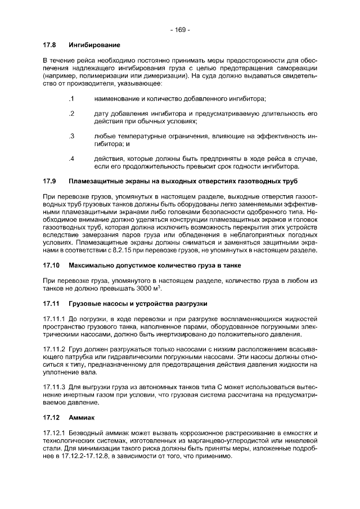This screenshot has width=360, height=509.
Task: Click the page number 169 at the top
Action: coord(180,29)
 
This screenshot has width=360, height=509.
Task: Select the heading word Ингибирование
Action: coord(94,44)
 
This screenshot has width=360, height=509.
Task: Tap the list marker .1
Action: coord(71,99)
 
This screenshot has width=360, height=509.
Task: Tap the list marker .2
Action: coord(71,114)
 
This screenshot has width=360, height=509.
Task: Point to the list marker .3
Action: coord(71,136)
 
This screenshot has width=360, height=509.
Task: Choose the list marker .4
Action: coord(71,159)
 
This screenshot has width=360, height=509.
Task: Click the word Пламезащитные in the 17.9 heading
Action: coord(96,181)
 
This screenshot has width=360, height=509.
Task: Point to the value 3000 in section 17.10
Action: coord(145,288)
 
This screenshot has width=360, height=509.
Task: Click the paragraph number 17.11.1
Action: coord(55,319)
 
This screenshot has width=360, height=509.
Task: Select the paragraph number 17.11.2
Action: coord(55,349)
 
